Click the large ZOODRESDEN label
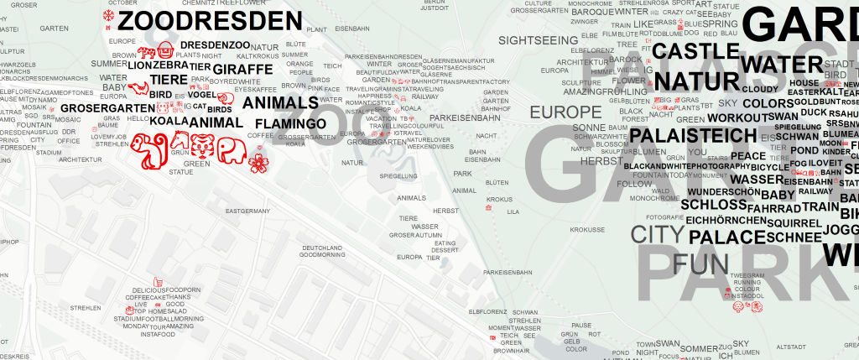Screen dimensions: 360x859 [x=210, y=20]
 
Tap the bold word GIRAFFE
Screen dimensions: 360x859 [x=242, y=68]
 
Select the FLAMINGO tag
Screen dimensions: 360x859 [x=290, y=124]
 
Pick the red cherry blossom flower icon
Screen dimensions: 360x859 [x=259, y=162]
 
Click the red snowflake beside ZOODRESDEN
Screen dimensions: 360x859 [x=107, y=16]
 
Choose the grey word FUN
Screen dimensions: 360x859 [x=695, y=264]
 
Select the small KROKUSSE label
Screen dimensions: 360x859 [x=587, y=229]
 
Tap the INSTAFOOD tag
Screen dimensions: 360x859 [x=158, y=334]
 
